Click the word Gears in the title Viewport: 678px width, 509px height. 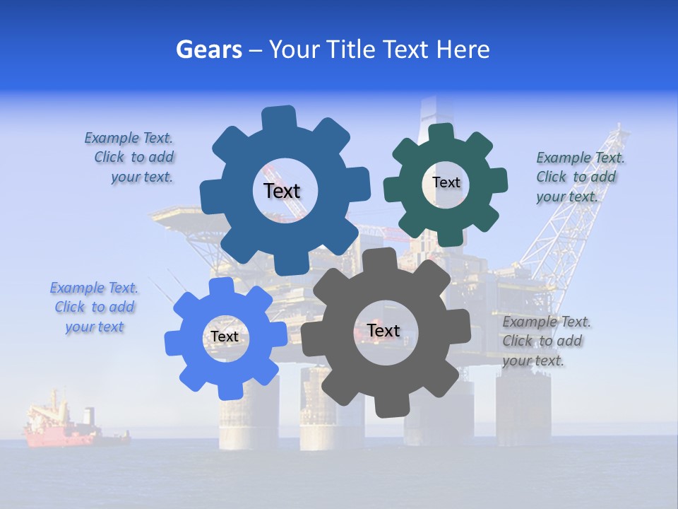(208, 49)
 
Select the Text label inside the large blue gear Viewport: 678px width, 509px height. (282, 191)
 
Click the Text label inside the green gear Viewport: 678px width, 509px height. (446, 182)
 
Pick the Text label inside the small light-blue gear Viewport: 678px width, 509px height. (225, 337)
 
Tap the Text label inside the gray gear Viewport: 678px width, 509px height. (383, 330)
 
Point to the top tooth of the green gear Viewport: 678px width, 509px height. (441, 134)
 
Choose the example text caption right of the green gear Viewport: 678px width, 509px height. (579, 177)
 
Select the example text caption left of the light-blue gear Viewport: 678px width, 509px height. (94, 307)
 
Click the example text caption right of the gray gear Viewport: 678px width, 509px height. (545, 341)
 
